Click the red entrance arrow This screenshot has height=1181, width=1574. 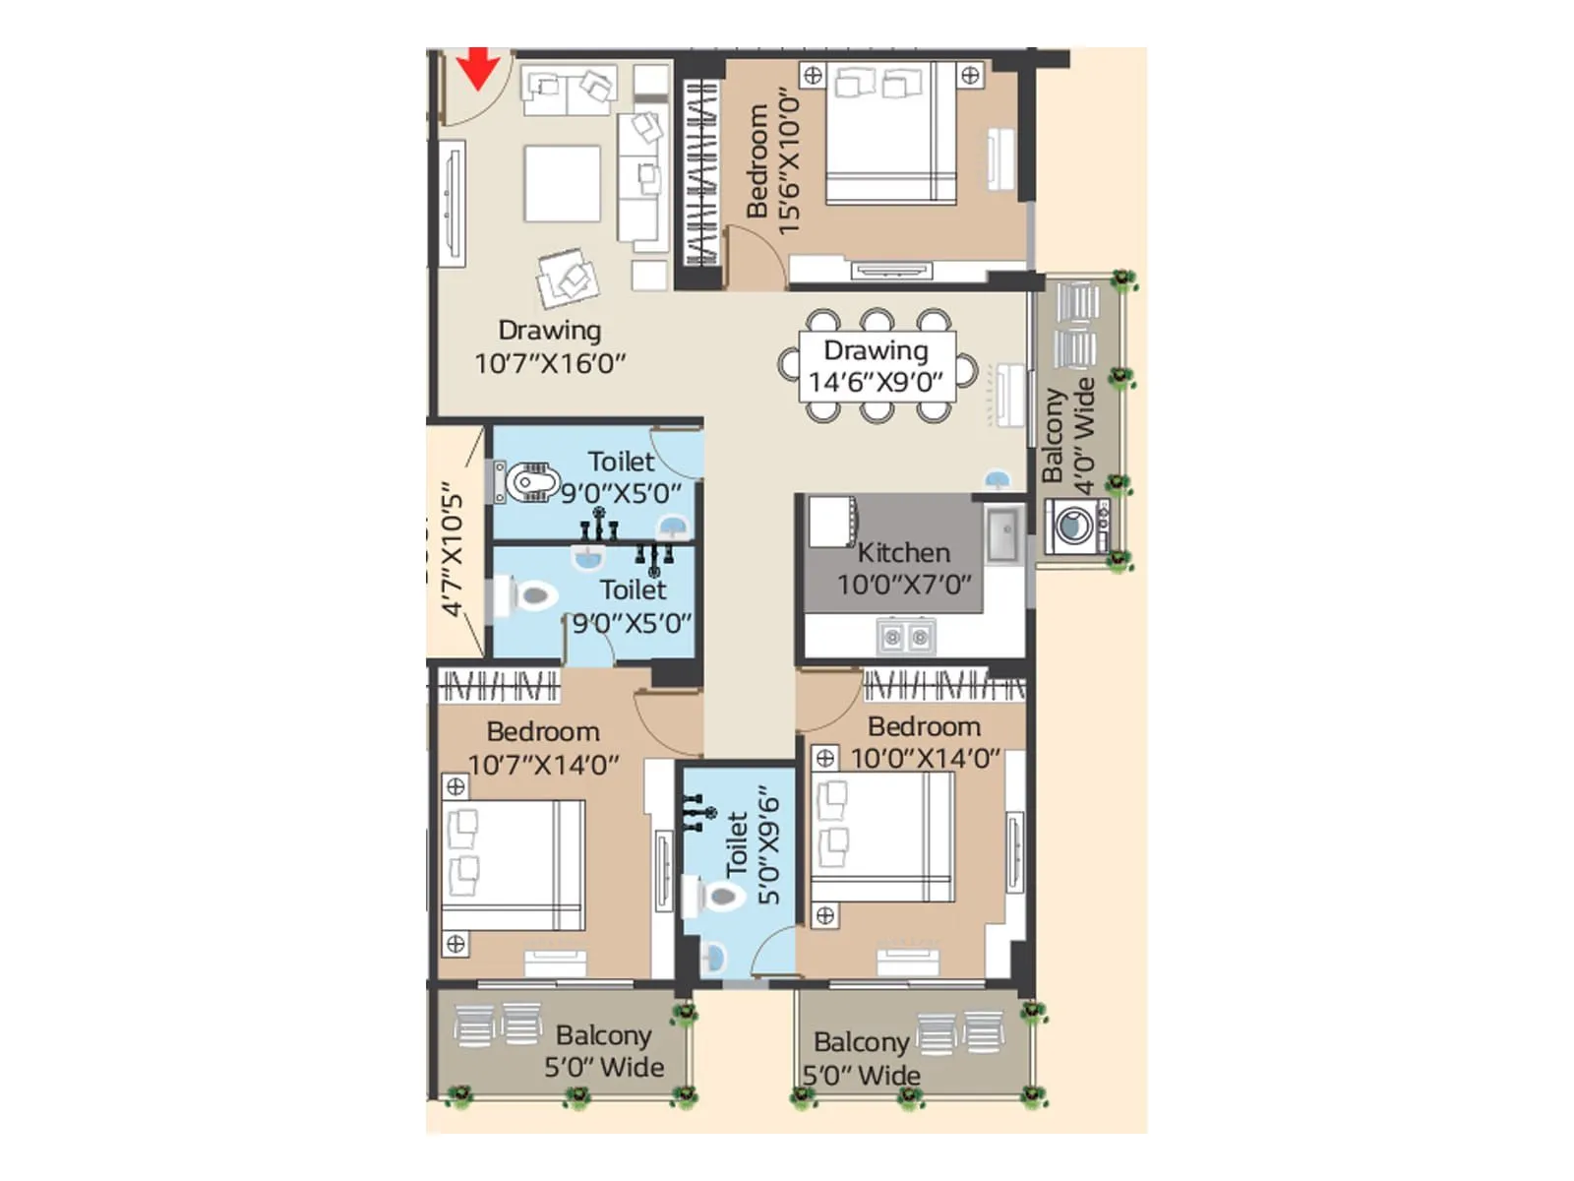coord(479,68)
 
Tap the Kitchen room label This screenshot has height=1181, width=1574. coord(903,553)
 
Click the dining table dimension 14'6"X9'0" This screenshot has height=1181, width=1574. coord(876,382)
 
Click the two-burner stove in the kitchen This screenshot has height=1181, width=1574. coord(905,637)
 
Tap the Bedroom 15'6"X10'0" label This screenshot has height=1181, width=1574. coord(772,161)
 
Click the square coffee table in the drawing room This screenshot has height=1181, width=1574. coord(562,184)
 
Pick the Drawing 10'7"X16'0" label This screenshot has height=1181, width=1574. coord(550,346)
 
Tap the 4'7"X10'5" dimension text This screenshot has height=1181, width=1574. coord(452,548)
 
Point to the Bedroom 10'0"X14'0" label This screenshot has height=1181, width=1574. coord(925,742)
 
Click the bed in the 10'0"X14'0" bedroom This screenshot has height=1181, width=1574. coord(881,837)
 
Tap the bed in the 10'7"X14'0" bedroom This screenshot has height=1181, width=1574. coord(513,865)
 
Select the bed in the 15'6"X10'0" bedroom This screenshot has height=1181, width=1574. coord(890,132)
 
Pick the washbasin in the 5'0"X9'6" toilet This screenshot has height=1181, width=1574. coord(713,956)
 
